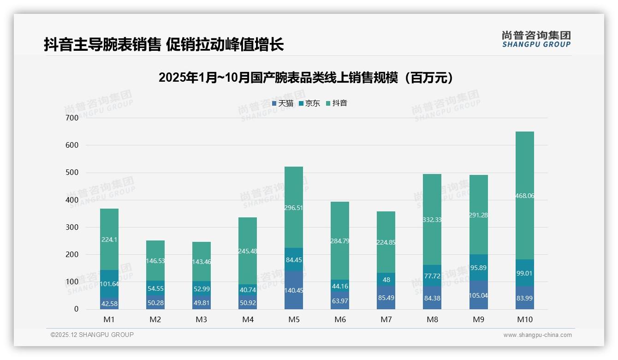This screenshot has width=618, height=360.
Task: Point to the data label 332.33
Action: pyautogui.click(x=432, y=220)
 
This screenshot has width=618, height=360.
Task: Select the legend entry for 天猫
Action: pyautogui.click(x=283, y=103)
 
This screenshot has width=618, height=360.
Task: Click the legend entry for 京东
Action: pyautogui.click(x=309, y=103)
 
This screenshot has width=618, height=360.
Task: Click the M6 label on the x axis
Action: pyautogui.click(x=340, y=319)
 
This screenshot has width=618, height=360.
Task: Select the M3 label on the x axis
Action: pyautogui.click(x=202, y=319)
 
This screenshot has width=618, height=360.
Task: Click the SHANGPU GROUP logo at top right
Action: pyautogui.click(x=536, y=39)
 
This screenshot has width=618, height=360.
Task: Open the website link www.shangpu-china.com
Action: pyautogui.click(x=537, y=335)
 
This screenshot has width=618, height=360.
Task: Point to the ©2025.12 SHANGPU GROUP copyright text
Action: pyautogui.click(x=92, y=335)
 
